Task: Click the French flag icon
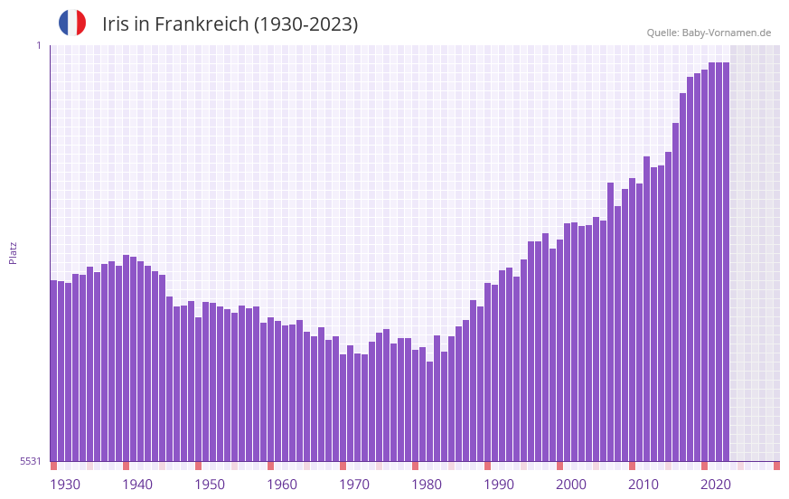point(72,23)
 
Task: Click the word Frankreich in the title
point(201,24)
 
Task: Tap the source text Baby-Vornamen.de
point(726,33)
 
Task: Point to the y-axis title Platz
point(13,252)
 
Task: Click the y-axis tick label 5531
point(31,461)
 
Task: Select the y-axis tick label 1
point(38,45)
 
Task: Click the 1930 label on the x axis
point(65,485)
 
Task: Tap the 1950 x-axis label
point(210,485)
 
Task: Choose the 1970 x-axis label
point(354,485)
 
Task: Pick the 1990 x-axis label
point(499,485)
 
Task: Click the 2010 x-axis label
point(643,485)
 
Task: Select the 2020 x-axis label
point(716,485)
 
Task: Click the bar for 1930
point(54,371)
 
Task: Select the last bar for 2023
point(726,262)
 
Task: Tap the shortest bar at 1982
point(430,411)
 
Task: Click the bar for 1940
point(127,362)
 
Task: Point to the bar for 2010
point(633,325)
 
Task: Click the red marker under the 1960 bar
point(270,466)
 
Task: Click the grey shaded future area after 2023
point(755,253)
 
